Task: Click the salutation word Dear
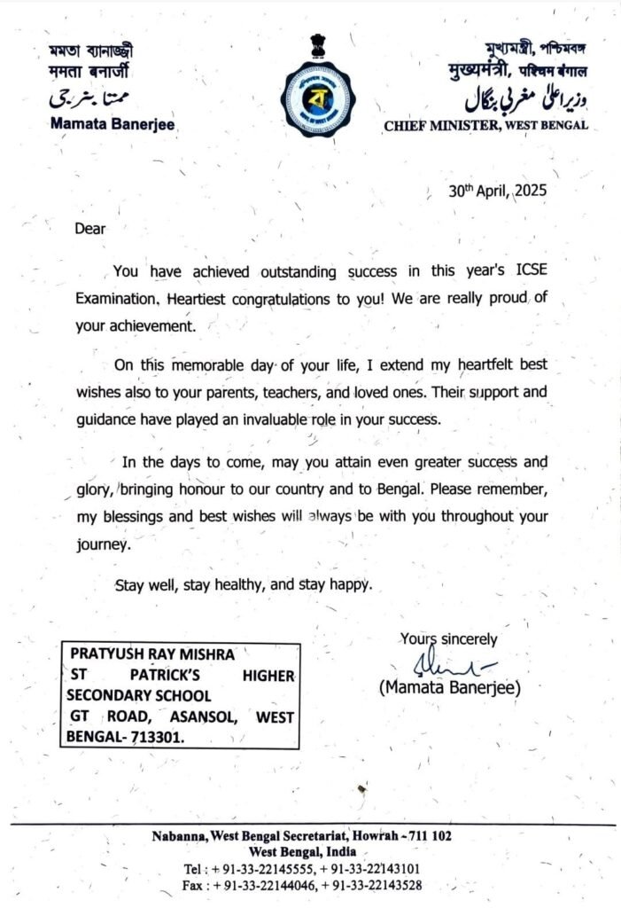tap(89, 229)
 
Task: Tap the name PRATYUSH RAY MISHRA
tap(152, 654)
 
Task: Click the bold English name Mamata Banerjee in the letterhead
tap(113, 125)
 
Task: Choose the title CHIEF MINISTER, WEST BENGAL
tap(486, 126)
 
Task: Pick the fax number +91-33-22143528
tap(371, 885)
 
